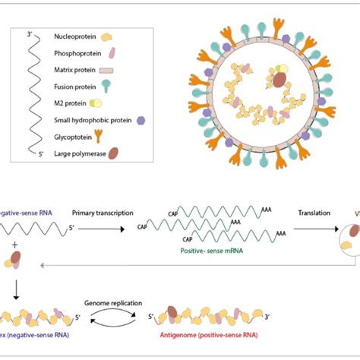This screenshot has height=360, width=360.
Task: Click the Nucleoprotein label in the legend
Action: pos(74,36)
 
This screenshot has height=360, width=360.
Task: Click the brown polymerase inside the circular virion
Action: pos(279,78)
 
